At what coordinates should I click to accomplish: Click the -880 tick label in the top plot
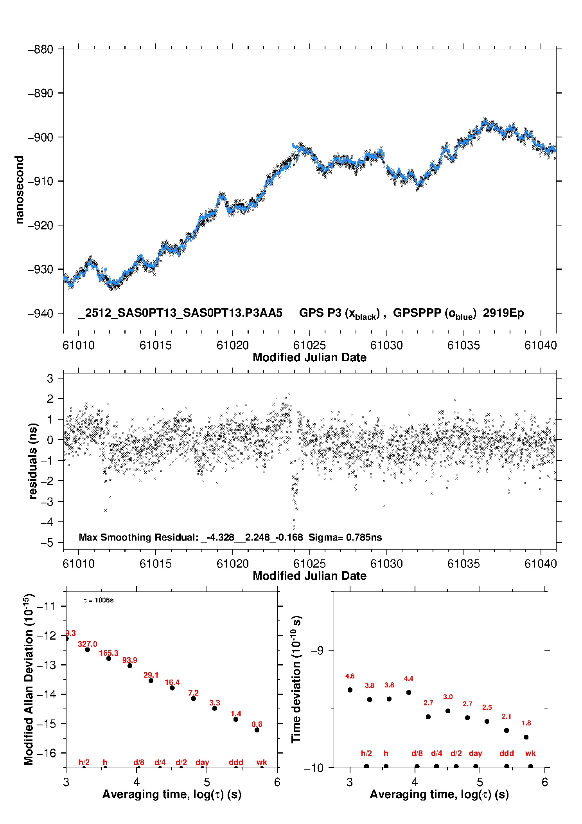click(40, 50)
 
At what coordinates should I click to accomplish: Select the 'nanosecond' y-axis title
click(19, 190)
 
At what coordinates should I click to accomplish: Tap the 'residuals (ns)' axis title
click(33, 461)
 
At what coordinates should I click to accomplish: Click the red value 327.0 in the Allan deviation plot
click(88, 644)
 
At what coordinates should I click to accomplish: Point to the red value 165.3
click(109, 653)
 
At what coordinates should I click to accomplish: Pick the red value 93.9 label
click(130, 660)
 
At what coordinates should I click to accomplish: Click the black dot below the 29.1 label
click(151, 680)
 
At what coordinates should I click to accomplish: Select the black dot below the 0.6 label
click(257, 730)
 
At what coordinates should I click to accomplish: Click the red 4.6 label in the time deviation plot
click(350, 676)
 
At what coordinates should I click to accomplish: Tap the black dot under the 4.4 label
click(409, 692)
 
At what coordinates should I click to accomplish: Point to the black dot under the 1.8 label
click(526, 737)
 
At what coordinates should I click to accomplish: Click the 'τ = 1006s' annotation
click(99, 600)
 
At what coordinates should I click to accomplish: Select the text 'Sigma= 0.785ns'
click(345, 537)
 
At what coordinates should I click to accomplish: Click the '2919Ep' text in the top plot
click(503, 313)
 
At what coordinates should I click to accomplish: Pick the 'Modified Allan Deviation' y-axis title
click(29, 679)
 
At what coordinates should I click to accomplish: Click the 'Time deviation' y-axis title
click(296, 679)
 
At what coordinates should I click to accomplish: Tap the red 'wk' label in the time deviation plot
click(530, 753)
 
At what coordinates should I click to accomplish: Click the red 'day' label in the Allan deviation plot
click(202, 762)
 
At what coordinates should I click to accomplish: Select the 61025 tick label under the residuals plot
click(309, 564)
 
